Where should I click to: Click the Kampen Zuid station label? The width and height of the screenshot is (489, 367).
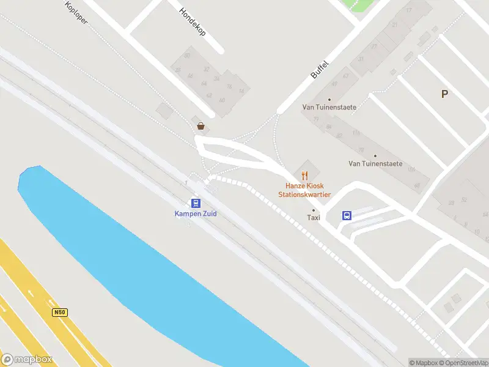[x=196, y=213]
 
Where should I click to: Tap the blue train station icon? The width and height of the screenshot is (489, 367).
[x=196, y=203]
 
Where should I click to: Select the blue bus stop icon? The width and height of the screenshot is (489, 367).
[x=347, y=215]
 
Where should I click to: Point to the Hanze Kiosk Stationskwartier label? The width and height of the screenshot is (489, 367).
[x=304, y=190]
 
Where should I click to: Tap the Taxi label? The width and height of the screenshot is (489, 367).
[x=314, y=217]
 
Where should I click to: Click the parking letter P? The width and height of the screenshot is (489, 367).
[x=445, y=94]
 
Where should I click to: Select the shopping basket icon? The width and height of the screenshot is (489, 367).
[x=200, y=126]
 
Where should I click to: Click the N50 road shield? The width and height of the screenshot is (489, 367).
[x=59, y=312]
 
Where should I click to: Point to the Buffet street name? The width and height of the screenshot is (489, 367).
[x=320, y=68]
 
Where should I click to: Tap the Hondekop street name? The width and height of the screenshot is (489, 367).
[x=192, y=22]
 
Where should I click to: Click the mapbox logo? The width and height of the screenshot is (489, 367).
[x=27, y=360]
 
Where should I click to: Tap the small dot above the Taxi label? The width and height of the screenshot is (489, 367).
[x=314, y=210]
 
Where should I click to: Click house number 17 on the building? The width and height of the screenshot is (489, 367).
[x=409, y=10]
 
